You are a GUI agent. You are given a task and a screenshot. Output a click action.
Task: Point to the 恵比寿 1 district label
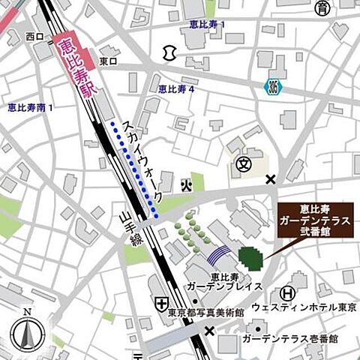click(x=206, y=25)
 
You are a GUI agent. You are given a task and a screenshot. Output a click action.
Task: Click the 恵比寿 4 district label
click(x=176, y=89)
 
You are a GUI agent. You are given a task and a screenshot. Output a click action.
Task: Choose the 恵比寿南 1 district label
click(x=31, y=108)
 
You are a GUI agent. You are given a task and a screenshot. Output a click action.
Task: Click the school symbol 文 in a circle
click(x=242, y=163)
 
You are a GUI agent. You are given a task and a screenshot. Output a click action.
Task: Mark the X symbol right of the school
click(x=271, y=178)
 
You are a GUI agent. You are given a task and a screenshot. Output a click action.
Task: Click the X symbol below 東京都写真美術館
click(x=209, y=330)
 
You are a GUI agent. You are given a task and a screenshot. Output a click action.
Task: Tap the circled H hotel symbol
click(x=287, y=293)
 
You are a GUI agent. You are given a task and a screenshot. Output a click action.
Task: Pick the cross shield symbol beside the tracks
click(x=161, y=303)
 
